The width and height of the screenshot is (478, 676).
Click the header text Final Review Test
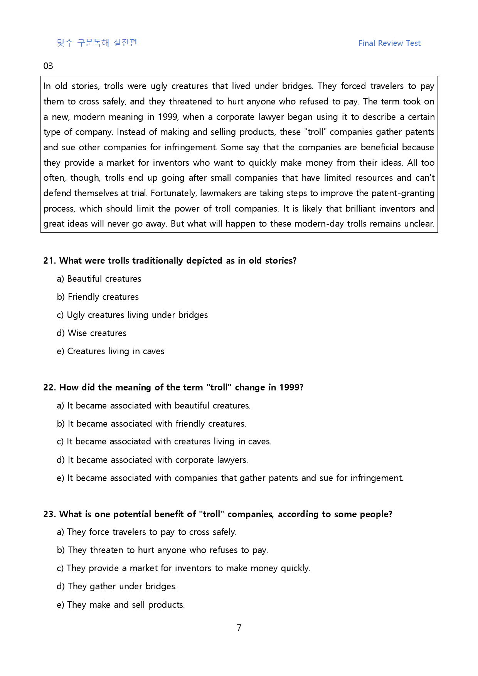(x=389, y=43)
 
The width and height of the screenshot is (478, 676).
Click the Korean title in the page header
(x=97, y=43)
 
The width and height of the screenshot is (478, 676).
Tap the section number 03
(x=48, y=66)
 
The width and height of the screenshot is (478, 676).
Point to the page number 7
(x=239, y=628)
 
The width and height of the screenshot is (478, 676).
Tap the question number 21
(x=49, y=261)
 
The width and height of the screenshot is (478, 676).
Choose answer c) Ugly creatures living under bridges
(x=132, y=315)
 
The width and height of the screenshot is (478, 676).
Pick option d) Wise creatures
(x=91, y=333)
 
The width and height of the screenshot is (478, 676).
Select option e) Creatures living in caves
(x=110, y=351)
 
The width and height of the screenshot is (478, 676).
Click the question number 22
(x=49, y=387)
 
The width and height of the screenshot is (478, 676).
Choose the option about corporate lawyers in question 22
(x=152, y=460)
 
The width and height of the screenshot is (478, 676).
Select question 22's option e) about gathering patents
(x=230, y=478)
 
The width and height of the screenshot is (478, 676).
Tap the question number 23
(x=49, y=514)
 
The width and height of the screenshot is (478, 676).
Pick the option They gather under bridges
(x=117, y=586)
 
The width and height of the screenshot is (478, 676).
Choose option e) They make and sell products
(x=121, y=605)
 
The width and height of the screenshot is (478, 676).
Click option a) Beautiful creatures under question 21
(x=99, y=279)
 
